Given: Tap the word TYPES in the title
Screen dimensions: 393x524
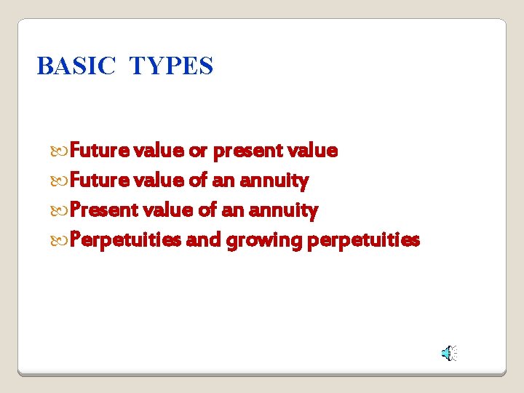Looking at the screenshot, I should click(x=171, y=66).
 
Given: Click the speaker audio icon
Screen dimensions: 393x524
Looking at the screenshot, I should click(x=448, y=354).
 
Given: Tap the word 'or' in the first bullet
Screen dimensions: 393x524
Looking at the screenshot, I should click(x=198, y=151).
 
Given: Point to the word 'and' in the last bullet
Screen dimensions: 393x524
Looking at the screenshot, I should click(x=203, y=240).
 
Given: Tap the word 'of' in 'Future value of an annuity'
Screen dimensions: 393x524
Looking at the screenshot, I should click(x=199, y=180).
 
